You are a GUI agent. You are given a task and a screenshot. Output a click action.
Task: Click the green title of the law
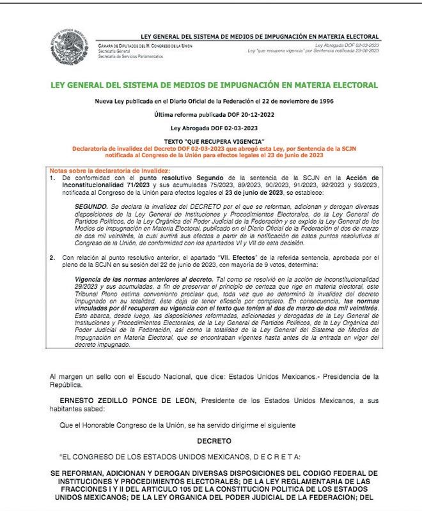(x=214, y=85)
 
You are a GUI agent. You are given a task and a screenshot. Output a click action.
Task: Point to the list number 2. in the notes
(x=53, y=257)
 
